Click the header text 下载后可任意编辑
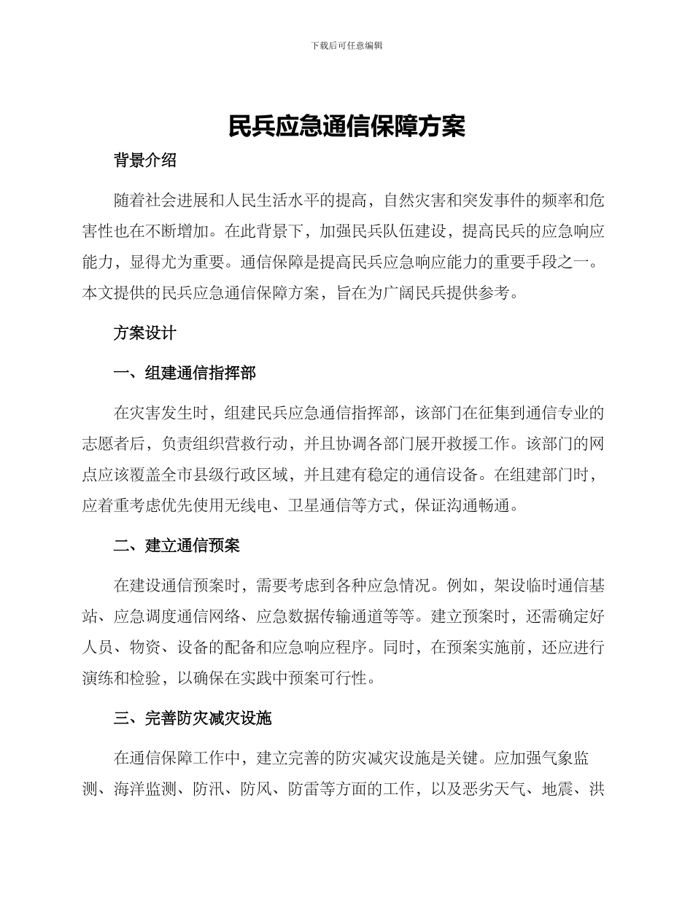tap(346, 45)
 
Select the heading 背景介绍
tap(145, 160)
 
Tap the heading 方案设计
tap(145, 333)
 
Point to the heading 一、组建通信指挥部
tap(185, 373)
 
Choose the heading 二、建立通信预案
tap(177, 545)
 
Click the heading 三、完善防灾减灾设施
tap(193, 718)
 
